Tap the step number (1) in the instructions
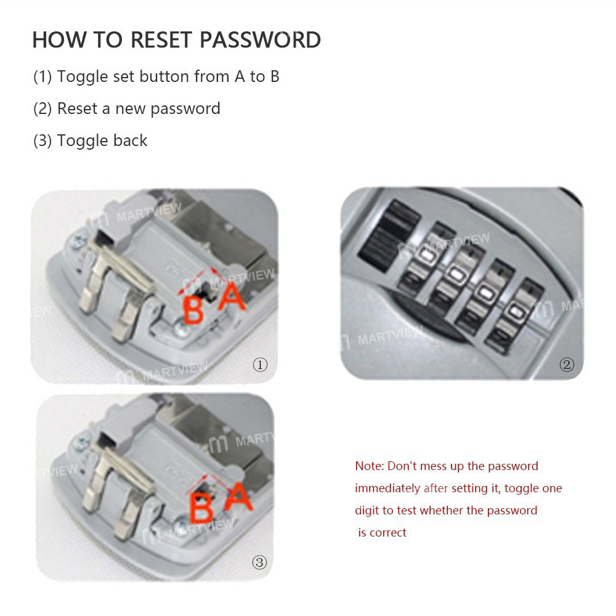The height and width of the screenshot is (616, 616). click(43, 76)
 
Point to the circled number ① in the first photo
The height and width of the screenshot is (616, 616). click(260, 365)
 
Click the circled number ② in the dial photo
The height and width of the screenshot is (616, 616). click(566, 365)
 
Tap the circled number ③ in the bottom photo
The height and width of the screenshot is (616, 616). click(260, 562)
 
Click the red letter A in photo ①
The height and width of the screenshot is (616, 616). click(232, 297)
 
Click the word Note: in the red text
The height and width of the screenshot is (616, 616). click(370, 466)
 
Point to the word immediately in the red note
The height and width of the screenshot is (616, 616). click(387, 488)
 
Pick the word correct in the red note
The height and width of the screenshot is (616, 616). click(388, 533)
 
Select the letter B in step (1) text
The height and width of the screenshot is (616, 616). click(274, 76)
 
